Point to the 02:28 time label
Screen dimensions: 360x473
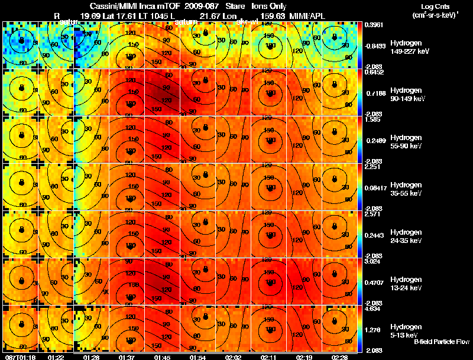point(339,357)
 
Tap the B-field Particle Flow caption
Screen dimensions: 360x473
point(441,342)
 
